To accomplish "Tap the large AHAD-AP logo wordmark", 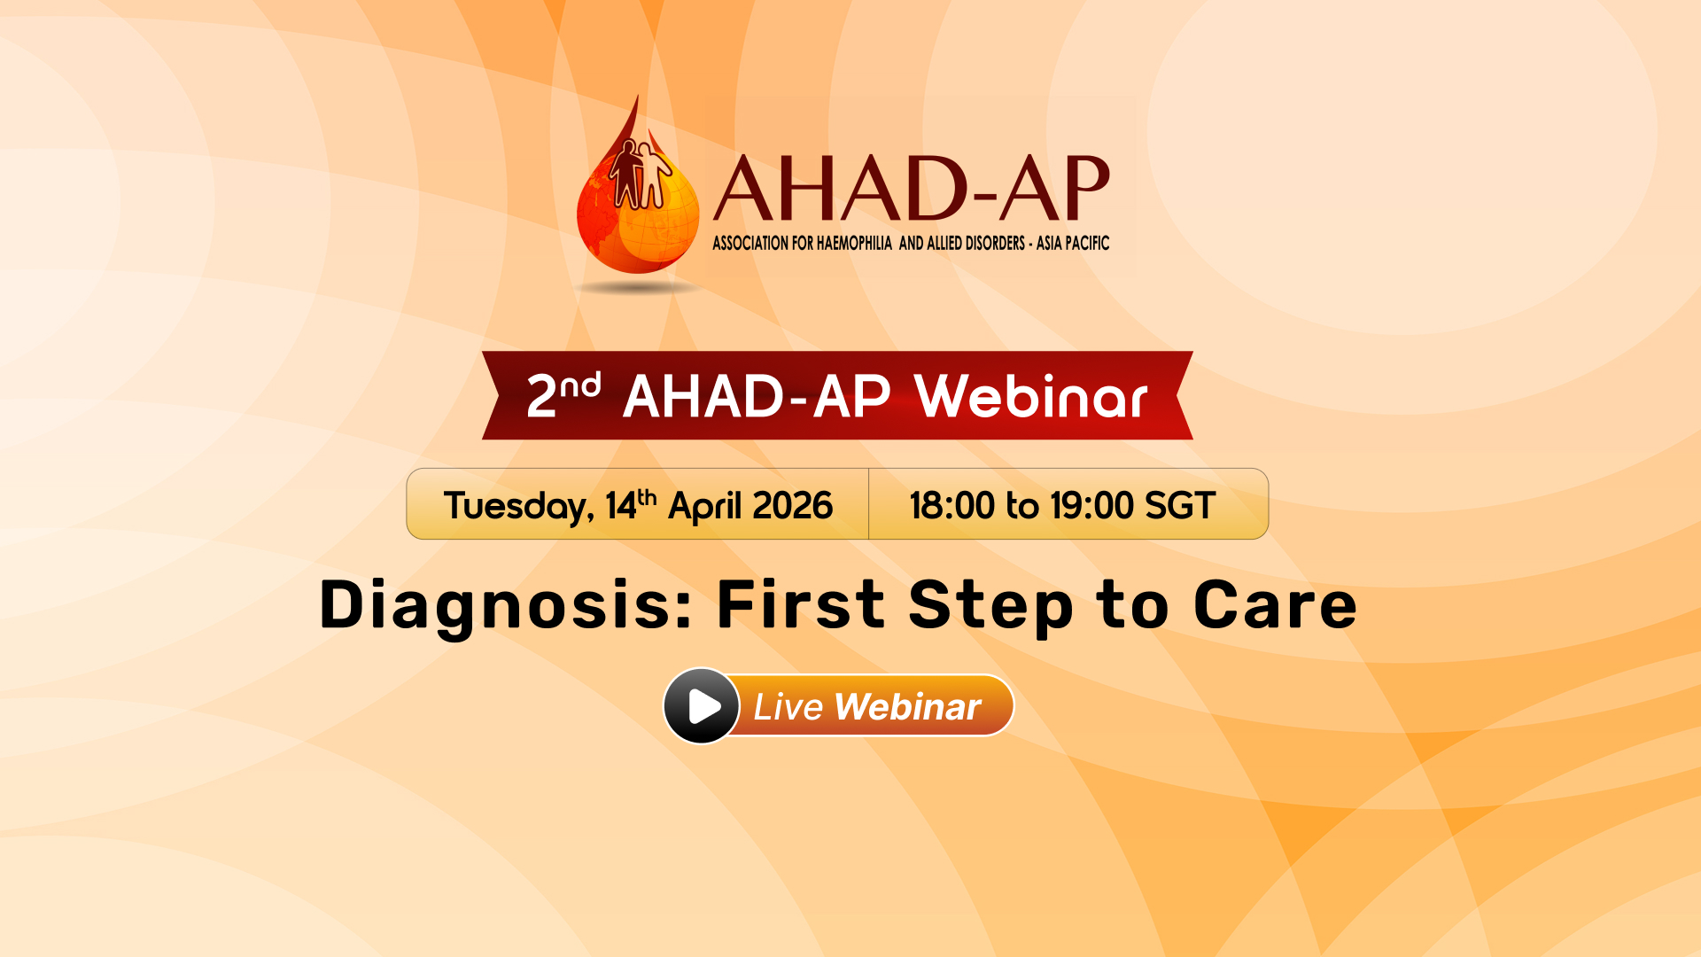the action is pyautogui.click(x=912, y=188).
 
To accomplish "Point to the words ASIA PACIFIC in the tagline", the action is pyautogui.click(x=1073, y=243).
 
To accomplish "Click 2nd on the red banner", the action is pyautogui.click(x=563, y=395).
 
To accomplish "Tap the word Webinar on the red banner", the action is pyautogui.click(x=1031, y=396).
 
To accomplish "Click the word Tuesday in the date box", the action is pyautogui.click(x=518, y=507).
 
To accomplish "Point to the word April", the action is pyautogui.click(x=704, y=507).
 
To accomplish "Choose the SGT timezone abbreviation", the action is pyautogui.click(x=1179, y=506).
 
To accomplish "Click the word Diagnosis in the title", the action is pyautogui.click(x=505, y=607).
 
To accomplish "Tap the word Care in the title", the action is pyautogui.click(x=1275, y=605).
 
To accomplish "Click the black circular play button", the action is pyautogui.click(x=702, y=706).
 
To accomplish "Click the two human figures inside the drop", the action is pyautogui.click(x=640, y=175).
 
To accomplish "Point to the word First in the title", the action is pyautogui.click(x=801, y=605).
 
